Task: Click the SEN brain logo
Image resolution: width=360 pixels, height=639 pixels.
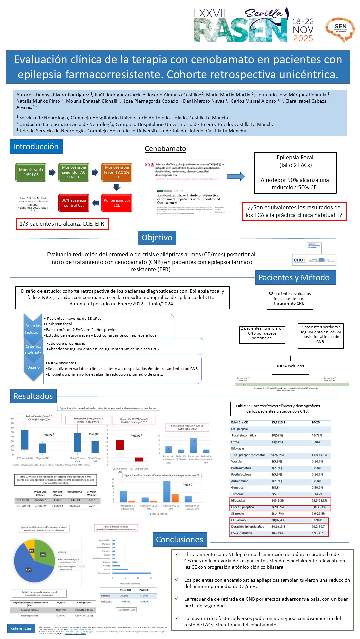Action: coord(340,29)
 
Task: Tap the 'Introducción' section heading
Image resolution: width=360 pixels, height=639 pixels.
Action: coord(36,147)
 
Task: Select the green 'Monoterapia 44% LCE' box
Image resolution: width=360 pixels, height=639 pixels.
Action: coord(31,172)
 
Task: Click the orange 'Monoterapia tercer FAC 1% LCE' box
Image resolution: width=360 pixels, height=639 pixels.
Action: coord(117,172)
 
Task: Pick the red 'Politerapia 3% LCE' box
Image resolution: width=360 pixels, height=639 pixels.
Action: coord(117,203)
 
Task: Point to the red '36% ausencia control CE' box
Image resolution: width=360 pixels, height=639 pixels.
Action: coord(74,203)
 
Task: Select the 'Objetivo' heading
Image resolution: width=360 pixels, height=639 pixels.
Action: coord(157,238)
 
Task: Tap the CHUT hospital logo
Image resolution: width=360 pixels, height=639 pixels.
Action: coord(314,255)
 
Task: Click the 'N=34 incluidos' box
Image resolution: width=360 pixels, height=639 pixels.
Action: coord(290,366)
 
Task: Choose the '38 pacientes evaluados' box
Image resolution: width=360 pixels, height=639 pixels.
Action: coord(290,299)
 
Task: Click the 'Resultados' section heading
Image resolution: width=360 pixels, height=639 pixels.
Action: coord(33,396)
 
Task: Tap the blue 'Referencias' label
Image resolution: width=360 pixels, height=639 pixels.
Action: coord(21,628)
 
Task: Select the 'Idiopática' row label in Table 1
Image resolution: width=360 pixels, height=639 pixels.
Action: coord(238,500)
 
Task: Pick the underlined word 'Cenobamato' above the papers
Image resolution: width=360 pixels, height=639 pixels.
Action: coord(165,149)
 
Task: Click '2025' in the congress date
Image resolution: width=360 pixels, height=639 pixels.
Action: coord(303,39)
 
